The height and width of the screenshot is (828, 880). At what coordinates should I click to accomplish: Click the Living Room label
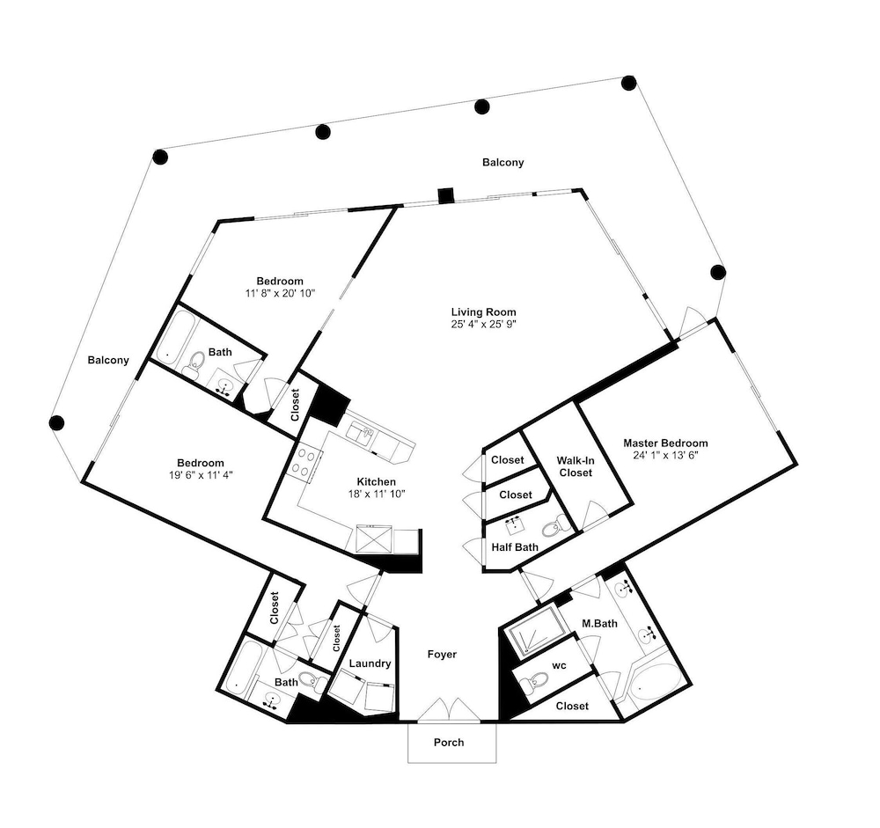tap(483, 312)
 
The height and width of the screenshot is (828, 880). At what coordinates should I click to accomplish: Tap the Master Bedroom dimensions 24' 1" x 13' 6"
tap(665, 455)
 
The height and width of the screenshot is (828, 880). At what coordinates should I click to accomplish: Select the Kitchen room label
tap(376, 481)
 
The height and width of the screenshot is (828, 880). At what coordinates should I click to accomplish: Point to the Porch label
tap(449, 742)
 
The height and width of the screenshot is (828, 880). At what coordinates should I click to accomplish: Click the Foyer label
tap(442, 654)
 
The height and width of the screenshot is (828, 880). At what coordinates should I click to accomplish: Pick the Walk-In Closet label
tap(576, 466)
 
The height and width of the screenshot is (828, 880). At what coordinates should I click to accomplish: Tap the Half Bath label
tap(515, 547)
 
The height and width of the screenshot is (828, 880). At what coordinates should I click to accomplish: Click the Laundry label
tap(370, 663)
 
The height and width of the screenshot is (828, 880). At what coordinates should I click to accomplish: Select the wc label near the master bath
tap(559, 666)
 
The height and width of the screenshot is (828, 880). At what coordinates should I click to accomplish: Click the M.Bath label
tap(599, 623)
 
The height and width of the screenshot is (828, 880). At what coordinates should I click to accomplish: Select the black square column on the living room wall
tap(446, 195)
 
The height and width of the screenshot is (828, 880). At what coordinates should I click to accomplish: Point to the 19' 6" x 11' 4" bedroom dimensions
tap(201, 475)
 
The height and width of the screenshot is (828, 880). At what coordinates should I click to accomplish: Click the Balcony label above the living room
tap(502, 162)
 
